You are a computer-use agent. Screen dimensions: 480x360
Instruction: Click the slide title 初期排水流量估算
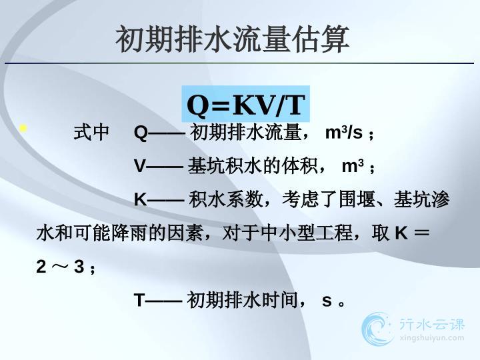tap(233, 39)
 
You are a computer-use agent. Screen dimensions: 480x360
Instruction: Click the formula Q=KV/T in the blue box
tap(246, 105)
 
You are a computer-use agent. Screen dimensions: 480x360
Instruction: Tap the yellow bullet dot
tap(23, 128)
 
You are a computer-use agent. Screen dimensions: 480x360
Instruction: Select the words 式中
tap(91, 133)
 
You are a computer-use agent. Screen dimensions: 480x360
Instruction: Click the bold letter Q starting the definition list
tap(141, 133)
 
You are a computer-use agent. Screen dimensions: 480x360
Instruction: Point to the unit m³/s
tap(343, 133)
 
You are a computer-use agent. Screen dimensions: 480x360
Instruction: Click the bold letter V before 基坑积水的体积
tap(139, 166)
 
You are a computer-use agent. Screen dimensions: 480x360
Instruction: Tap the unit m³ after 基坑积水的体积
tap(353, 166)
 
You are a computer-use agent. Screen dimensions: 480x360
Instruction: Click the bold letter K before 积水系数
tap(140, 199)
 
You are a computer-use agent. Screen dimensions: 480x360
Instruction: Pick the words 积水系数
tap(226, 199)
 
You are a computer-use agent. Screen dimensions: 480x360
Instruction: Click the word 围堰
tap(357, 199)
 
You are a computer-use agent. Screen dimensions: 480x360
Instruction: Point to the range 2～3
tap(60, 266)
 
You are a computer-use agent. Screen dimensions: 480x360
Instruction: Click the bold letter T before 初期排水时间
tap(139, 300)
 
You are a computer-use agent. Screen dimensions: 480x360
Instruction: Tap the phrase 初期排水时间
tap(242, 300)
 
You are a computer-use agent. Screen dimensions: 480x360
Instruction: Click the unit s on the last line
tap(327, 301)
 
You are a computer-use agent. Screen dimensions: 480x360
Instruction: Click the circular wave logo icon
tap(377, 329)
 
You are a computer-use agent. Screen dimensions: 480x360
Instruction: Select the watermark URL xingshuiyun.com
tap(431, 338)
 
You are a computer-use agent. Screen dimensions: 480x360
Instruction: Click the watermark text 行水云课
tap(432, 325)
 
